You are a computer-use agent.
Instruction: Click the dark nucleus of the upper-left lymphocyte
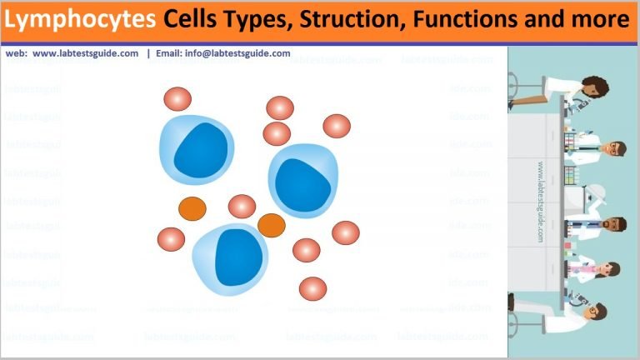click(x=200, y=150)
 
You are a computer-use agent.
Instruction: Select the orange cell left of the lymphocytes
click(x=192, y=208)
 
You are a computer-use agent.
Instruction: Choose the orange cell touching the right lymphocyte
click(x=272, y=225)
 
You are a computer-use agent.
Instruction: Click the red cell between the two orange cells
click(x=242, y=207)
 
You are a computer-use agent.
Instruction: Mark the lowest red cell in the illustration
click(x=312, y=288)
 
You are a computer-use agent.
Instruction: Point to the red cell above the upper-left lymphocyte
click(x=177, y=98)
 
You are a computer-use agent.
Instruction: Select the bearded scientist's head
click(x=613, y=227)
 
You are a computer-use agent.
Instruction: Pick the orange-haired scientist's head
click(x=614, y=150)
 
